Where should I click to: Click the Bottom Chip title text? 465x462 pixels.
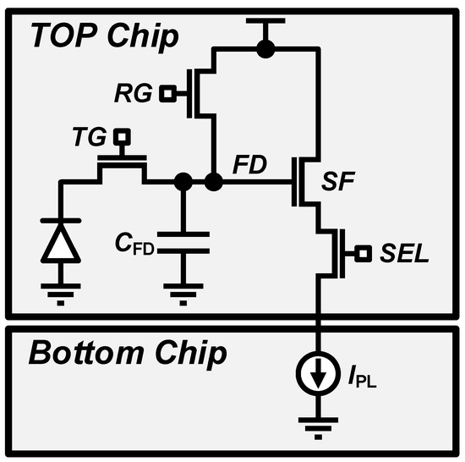(x=127, y=352)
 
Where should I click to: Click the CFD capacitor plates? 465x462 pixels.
(x=181, y=240)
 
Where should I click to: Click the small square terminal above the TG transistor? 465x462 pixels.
(x=123, y=134)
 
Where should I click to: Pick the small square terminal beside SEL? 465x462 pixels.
(x=363, y=252)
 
